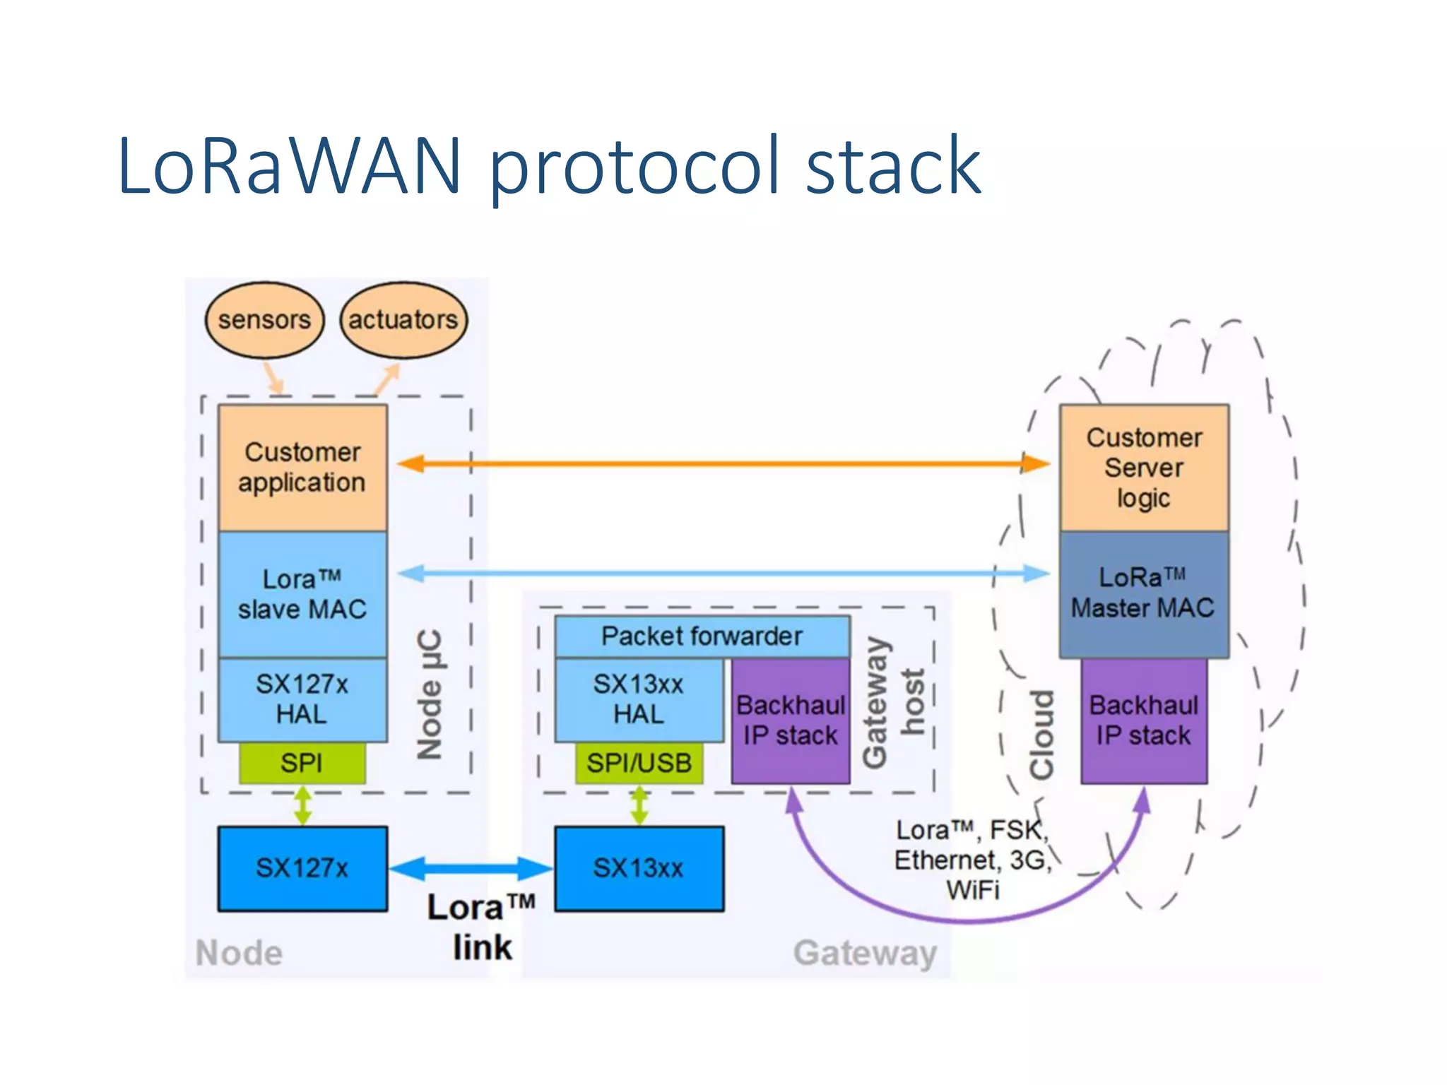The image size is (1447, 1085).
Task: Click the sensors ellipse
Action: (264, 320)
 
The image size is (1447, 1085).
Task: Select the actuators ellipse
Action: (403, 320)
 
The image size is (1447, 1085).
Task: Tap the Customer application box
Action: (302, 468)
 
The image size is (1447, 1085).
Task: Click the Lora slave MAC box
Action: (302, 594)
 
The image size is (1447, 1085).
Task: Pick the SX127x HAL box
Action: (302, 699)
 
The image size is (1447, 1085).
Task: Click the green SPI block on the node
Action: (302, 763)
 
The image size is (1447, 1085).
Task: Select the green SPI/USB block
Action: (639, 763)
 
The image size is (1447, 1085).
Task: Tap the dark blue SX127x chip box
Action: (302, 868)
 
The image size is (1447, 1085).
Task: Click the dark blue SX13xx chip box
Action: (639, 868)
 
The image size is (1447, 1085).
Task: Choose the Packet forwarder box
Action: (702, 636)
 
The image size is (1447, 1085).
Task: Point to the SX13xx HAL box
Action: (639, 699)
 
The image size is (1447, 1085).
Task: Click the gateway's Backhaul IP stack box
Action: (791, 721)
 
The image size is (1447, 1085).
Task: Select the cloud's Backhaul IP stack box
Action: (1144, 721)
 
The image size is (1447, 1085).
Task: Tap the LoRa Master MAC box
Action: (1144, 594)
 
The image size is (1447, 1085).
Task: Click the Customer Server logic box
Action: (1144, 468)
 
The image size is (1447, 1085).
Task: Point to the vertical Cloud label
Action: (1042, 735)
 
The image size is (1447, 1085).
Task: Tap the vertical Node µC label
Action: (430, 694)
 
